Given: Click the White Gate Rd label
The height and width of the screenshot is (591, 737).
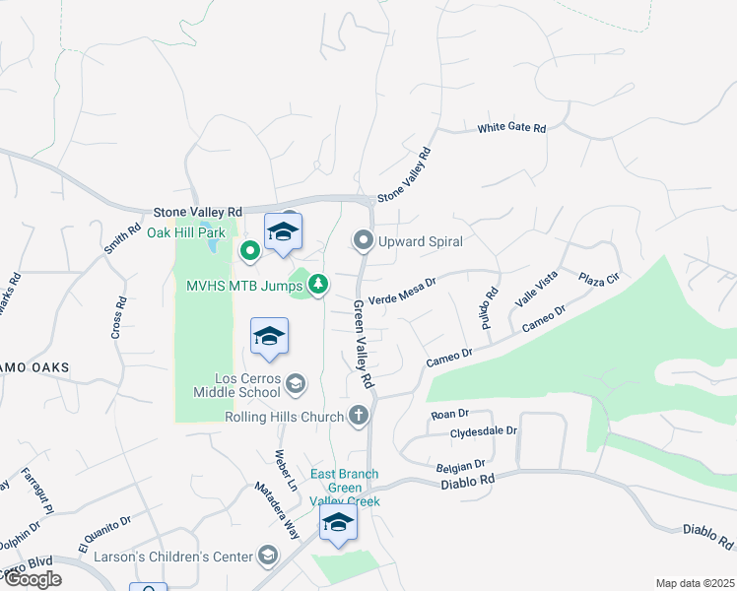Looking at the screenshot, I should (x=511, y=128).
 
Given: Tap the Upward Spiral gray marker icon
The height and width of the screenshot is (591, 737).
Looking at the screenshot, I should (x=364, y=240).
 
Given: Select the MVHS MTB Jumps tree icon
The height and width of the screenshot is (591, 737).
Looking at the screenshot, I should (x=318, y=286).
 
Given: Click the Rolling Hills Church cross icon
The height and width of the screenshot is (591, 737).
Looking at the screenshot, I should (x=359, y=416).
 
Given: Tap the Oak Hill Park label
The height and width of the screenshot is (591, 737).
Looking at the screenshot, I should (x=186, y=232).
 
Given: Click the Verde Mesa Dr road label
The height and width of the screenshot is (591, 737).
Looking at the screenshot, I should (x=401, y=290).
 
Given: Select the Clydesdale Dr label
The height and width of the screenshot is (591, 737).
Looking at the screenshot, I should (x=484, y=431).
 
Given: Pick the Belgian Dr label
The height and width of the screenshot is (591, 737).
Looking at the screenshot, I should (x=459, y=465).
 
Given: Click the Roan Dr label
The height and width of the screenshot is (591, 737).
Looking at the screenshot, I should (x=449, y=415).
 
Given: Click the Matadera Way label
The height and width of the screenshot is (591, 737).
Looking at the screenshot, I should (x=277, y=508).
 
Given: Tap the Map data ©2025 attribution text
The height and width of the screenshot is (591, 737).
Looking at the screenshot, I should (x=695, y=583).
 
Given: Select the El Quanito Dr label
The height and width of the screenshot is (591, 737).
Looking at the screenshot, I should (x=103, y=534).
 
